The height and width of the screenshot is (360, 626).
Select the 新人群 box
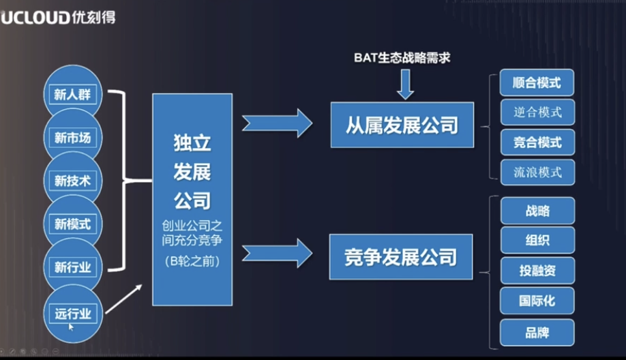(72, 95)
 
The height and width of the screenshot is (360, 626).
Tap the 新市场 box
(72, 138)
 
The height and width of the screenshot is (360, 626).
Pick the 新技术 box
(72, 181)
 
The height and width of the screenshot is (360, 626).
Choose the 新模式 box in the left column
(72, 224)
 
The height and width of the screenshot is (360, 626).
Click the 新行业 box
(72, 267)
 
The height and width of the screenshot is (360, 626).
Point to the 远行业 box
(72, 314)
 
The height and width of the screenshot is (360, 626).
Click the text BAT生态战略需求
(402, 59)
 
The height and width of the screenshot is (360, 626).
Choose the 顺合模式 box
(537, 82)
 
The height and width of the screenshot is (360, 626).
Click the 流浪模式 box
(537, 172)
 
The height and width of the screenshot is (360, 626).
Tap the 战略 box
(537, 211)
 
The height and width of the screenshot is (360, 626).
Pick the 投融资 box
(537, 271)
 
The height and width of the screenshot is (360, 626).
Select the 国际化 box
(537, 301)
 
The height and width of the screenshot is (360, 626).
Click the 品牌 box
(537, 333)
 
